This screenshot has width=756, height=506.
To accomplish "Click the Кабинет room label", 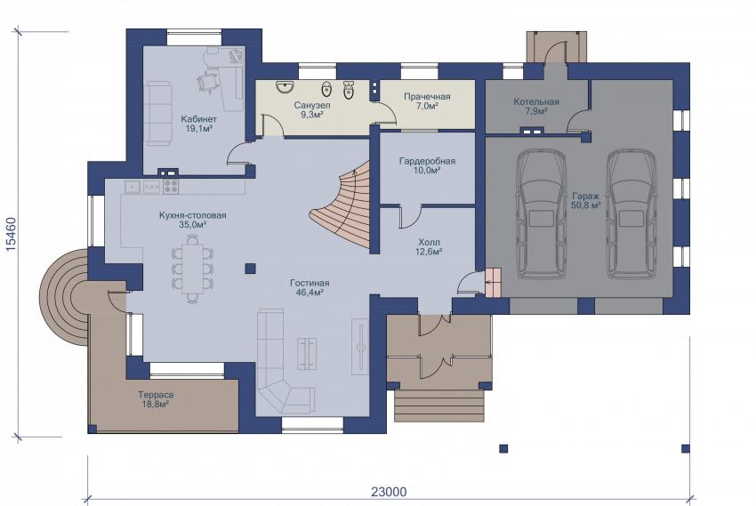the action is [x=198, y=119].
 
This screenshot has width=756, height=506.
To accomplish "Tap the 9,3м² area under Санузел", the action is [x=312, y=115].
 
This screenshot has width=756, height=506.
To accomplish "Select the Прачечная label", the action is [x=427, y=96].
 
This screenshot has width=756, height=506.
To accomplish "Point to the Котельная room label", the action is [x=536, y=101].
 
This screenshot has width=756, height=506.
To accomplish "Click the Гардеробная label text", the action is [x=427, y=161].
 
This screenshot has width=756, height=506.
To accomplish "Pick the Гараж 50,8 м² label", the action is [x=586, y=201].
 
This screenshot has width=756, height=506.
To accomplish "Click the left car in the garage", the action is [x=541, y=213].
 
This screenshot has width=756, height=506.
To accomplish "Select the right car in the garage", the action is [x=631, y=213].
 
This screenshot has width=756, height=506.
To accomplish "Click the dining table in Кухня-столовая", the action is [x=192, y=269].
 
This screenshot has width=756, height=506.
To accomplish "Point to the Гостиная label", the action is [x=310, y=283].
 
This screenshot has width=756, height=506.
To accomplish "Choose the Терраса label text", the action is [x=156, y=395].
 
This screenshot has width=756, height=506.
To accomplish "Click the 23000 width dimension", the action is [x=389, y=492].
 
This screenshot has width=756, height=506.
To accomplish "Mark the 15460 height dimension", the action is [x=11, y=234].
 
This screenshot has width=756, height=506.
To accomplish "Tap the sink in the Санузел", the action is [x=286, y=87].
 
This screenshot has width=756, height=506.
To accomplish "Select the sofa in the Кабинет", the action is [x=159, y=113].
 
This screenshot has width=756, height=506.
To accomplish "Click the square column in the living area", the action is [x=250, y=269].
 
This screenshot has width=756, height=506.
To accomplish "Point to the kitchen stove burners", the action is [x=170, y=187].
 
